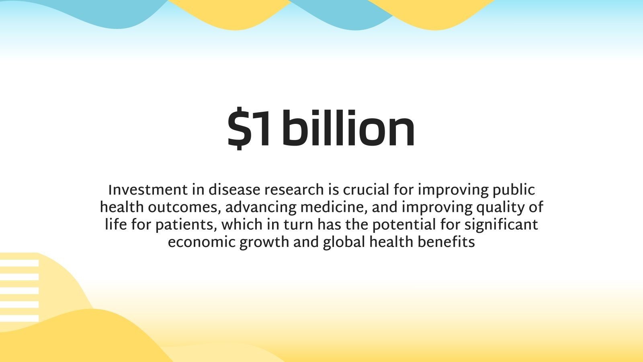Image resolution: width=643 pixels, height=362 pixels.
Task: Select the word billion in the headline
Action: tap(348, 128)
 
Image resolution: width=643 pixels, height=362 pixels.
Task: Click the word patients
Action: tap(186, 225)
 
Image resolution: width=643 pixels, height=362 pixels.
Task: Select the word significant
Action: tap(501, 225)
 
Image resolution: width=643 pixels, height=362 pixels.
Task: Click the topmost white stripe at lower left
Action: tap(19, 263)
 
